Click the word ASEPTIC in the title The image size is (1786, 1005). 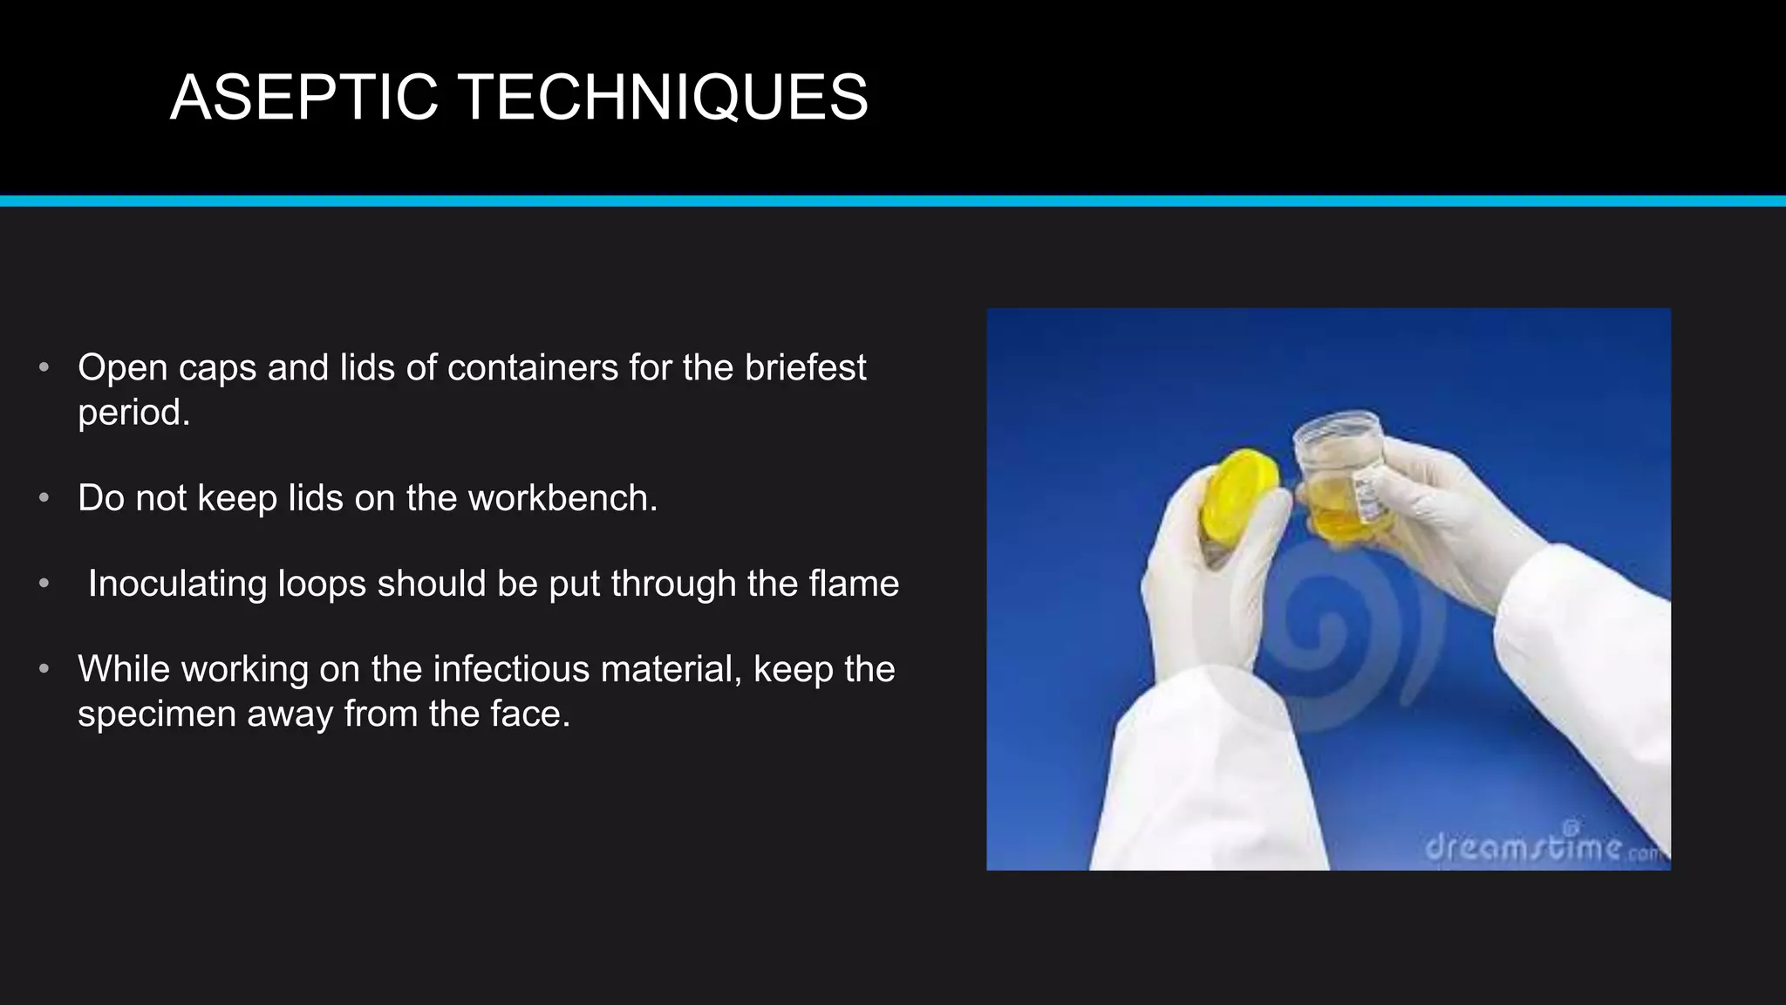[303, 97]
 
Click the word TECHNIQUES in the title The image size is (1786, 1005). [663, 97]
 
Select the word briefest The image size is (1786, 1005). [806, 367]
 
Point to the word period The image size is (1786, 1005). [133, 413]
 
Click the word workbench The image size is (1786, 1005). [562, 498]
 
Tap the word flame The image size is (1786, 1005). [854, 584]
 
